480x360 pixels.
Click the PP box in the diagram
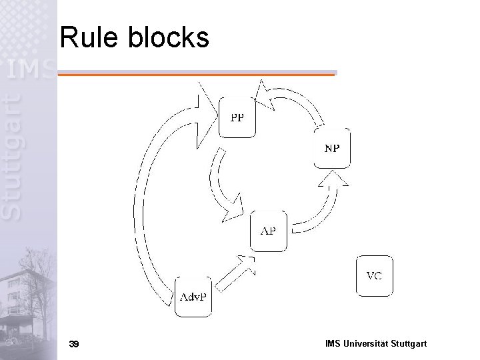click(237, 117)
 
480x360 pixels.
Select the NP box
click(332, 147)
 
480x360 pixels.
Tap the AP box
click(268, 231)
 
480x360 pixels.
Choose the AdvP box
click(195, 296)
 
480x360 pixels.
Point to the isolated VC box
click(375, 275)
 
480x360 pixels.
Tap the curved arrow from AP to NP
click(320, 207)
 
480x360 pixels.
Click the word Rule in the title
click(87, 38)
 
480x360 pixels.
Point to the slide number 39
click(74, 344)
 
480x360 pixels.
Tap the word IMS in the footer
click(333, 344)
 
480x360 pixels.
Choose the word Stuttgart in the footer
click(409, 344)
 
